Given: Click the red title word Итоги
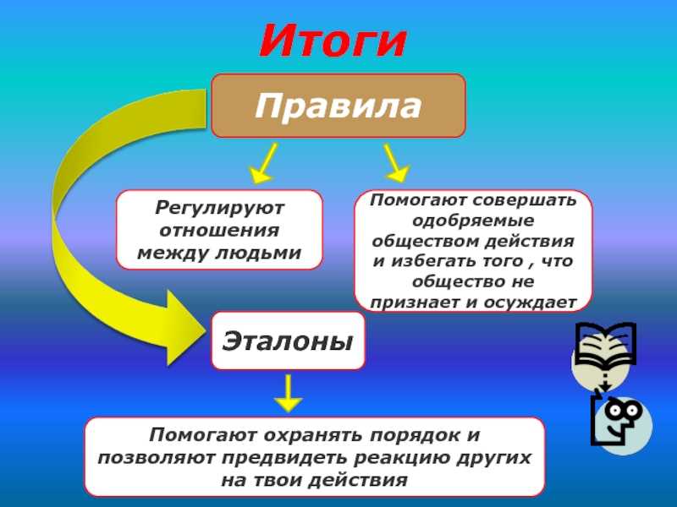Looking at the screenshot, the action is (x=333, y=41).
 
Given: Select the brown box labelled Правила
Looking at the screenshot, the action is (x=338, y=106).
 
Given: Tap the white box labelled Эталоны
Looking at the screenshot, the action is (x=288, y=341).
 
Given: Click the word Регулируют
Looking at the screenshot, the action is (x=220, y=208).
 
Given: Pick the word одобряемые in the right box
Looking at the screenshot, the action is (x=473, y=221).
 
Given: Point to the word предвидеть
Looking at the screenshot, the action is (x=285, y=457).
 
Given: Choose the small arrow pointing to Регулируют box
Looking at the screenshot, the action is (x=263, y=163).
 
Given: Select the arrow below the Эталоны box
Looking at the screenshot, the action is (x=288, y=393).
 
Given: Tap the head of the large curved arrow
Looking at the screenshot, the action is (x=184, y=328).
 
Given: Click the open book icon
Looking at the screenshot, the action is (x=606, y=344).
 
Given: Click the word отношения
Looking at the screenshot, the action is (x=219, y=230).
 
